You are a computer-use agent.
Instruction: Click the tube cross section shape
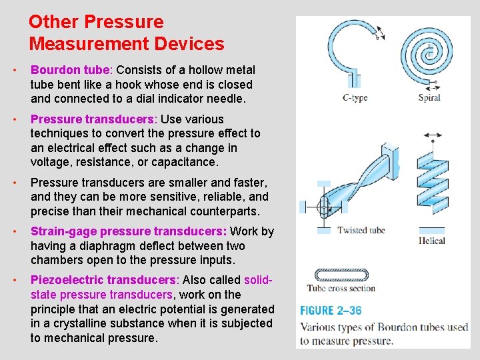point(340,273)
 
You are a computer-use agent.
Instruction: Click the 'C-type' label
point(355,98)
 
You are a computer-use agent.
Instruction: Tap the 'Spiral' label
point(429,98)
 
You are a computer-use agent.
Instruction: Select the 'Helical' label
point(432,241)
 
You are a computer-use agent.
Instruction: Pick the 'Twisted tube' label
point(361,231)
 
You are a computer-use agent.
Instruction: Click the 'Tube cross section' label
point(341,289)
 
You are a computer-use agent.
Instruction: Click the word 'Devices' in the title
point(187,45)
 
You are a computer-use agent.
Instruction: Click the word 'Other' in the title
point(53,22)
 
